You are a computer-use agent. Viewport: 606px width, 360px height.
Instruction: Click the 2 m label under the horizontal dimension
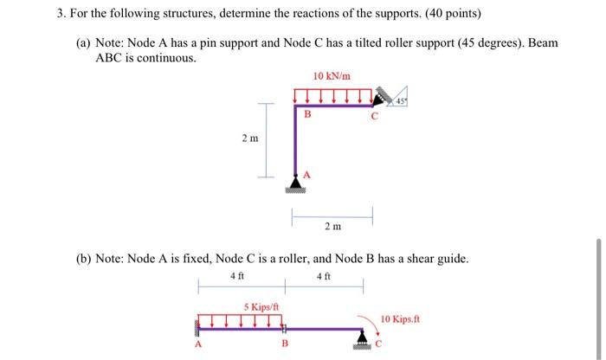tap(332, 227)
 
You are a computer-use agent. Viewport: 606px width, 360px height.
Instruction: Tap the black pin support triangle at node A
tap(296, 183)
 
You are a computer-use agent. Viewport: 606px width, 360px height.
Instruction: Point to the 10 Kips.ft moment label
tap(401, 317)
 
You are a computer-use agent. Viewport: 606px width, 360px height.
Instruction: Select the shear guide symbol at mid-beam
tap(284, 328)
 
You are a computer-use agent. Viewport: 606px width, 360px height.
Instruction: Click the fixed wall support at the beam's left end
tap(197, 327)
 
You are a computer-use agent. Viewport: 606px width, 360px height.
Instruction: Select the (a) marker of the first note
tap(86, 42)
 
